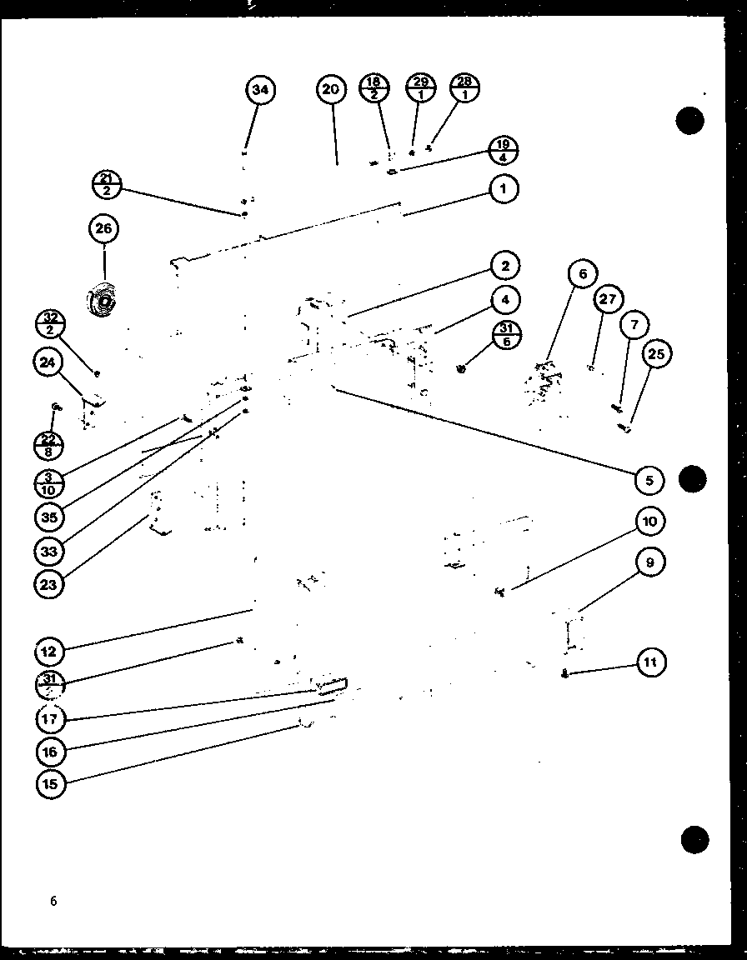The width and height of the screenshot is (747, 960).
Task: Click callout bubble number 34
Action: click(x=261, y=90)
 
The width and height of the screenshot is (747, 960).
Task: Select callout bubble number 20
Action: click(x=331, y=90)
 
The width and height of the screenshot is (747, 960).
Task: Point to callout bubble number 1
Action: click(x=503, y=189)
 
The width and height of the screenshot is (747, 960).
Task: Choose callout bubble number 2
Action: click(x=504, y=266)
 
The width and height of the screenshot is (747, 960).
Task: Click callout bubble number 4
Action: click(x=504, y=299)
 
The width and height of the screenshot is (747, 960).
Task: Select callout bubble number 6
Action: click(x=582, y=274)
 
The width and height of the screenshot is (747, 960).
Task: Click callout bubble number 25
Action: click(x=656, y=354)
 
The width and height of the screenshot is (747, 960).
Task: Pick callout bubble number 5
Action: click(x=649, y=479)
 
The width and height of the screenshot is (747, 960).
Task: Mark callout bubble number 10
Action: click(x=649, y=522)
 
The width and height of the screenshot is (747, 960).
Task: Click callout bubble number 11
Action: click(x=651, y=663)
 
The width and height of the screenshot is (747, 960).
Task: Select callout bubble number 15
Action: click(x=50, y=783)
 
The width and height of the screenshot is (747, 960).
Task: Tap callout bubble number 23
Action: click(x=49, y=584)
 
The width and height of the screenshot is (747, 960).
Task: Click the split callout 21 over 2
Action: click(x=108, y=184)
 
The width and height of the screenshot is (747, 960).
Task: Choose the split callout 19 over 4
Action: click(x=503, y=150)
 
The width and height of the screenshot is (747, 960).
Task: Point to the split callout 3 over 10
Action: click(x=49, y=482)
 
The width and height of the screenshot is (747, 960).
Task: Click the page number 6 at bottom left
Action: click(x=53, y=901)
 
